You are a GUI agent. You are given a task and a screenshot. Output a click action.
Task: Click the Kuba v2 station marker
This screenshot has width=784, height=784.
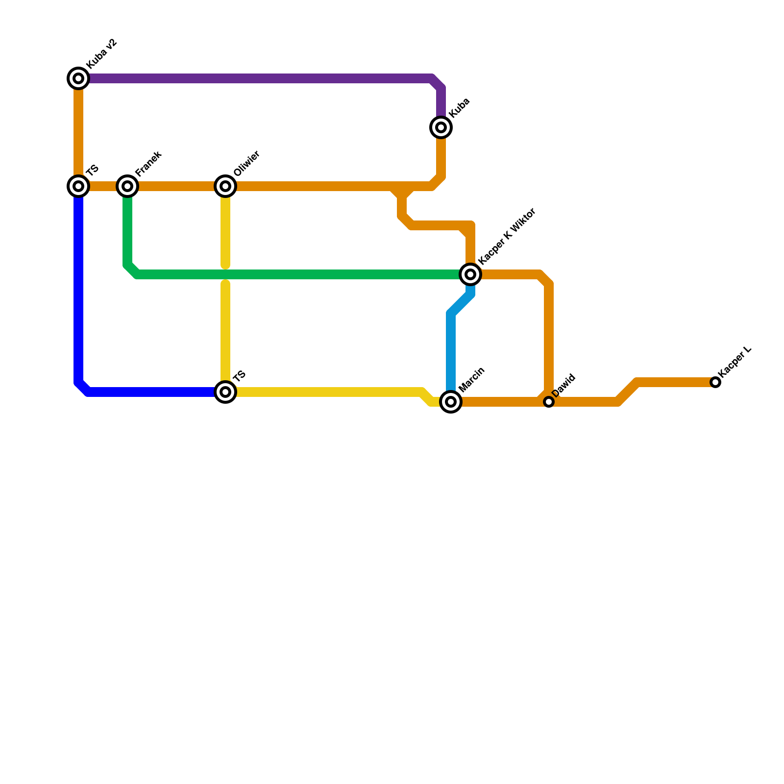78,78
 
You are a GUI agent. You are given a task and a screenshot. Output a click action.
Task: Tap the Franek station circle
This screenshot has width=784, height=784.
127,186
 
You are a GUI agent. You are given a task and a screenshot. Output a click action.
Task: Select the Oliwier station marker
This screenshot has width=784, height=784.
225,186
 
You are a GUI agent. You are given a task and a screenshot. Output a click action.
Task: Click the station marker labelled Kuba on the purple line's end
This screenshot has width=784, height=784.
441,127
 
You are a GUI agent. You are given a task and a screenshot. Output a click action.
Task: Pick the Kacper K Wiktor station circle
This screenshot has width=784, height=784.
470,274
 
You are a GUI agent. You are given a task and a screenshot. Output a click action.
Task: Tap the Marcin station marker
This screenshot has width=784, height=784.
451,402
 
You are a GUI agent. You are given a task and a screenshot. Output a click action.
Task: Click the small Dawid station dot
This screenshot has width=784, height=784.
549,402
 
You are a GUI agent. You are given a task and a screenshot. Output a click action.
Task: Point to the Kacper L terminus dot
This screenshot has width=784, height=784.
715,382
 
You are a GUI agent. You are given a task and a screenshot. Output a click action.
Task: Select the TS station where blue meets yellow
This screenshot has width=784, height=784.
225,392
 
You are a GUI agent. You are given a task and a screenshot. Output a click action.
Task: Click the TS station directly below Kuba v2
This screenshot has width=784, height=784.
78,186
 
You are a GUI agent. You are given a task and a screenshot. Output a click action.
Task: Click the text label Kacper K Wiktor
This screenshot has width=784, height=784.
507,236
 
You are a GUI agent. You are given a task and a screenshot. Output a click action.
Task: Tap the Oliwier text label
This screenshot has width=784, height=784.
246,164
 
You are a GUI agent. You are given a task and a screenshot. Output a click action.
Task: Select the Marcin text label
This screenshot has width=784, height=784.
472,379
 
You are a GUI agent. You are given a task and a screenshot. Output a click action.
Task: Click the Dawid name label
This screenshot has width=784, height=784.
563,386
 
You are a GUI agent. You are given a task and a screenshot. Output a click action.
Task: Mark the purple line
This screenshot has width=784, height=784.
255,78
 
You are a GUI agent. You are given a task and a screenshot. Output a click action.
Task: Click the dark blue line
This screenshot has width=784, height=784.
78,294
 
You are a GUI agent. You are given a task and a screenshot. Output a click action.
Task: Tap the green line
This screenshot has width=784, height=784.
294,274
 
